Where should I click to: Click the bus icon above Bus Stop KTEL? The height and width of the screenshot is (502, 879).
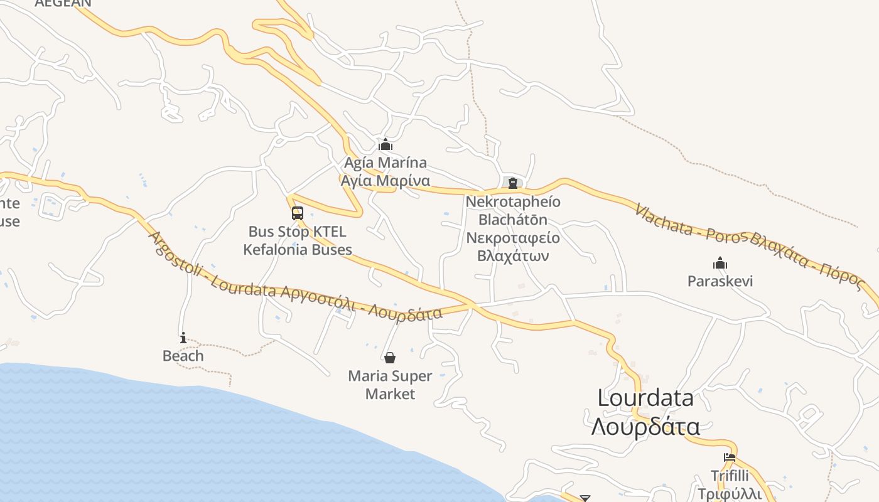(298, 213)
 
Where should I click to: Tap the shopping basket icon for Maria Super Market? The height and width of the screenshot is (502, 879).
(390, 358)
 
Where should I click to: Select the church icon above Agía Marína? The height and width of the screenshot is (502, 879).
(386, 145)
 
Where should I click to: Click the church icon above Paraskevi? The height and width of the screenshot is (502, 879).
(720, 262)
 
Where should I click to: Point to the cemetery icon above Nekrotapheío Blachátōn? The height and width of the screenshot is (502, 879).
(513, 183)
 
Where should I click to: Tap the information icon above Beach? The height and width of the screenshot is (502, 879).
(183, 338)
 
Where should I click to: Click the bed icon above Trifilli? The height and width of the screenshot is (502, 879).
(729, 457)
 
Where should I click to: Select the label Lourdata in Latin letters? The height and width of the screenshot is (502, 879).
(645, 398)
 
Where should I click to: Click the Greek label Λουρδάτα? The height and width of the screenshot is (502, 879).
(645, 427)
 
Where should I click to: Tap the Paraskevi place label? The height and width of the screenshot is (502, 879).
(720, 280)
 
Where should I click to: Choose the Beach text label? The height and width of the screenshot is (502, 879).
(183, 356)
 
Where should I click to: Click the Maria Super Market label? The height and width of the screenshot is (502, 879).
(390, 385)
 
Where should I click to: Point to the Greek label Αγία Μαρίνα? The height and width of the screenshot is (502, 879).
(385, 181)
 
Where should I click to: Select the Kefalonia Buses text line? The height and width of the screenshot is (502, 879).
(298, 249)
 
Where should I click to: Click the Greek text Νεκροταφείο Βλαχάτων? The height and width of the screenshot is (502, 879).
(513, 247)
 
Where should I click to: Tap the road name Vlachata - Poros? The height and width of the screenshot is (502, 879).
(691, 225)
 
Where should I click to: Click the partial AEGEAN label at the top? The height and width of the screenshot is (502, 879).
(63, 3)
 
